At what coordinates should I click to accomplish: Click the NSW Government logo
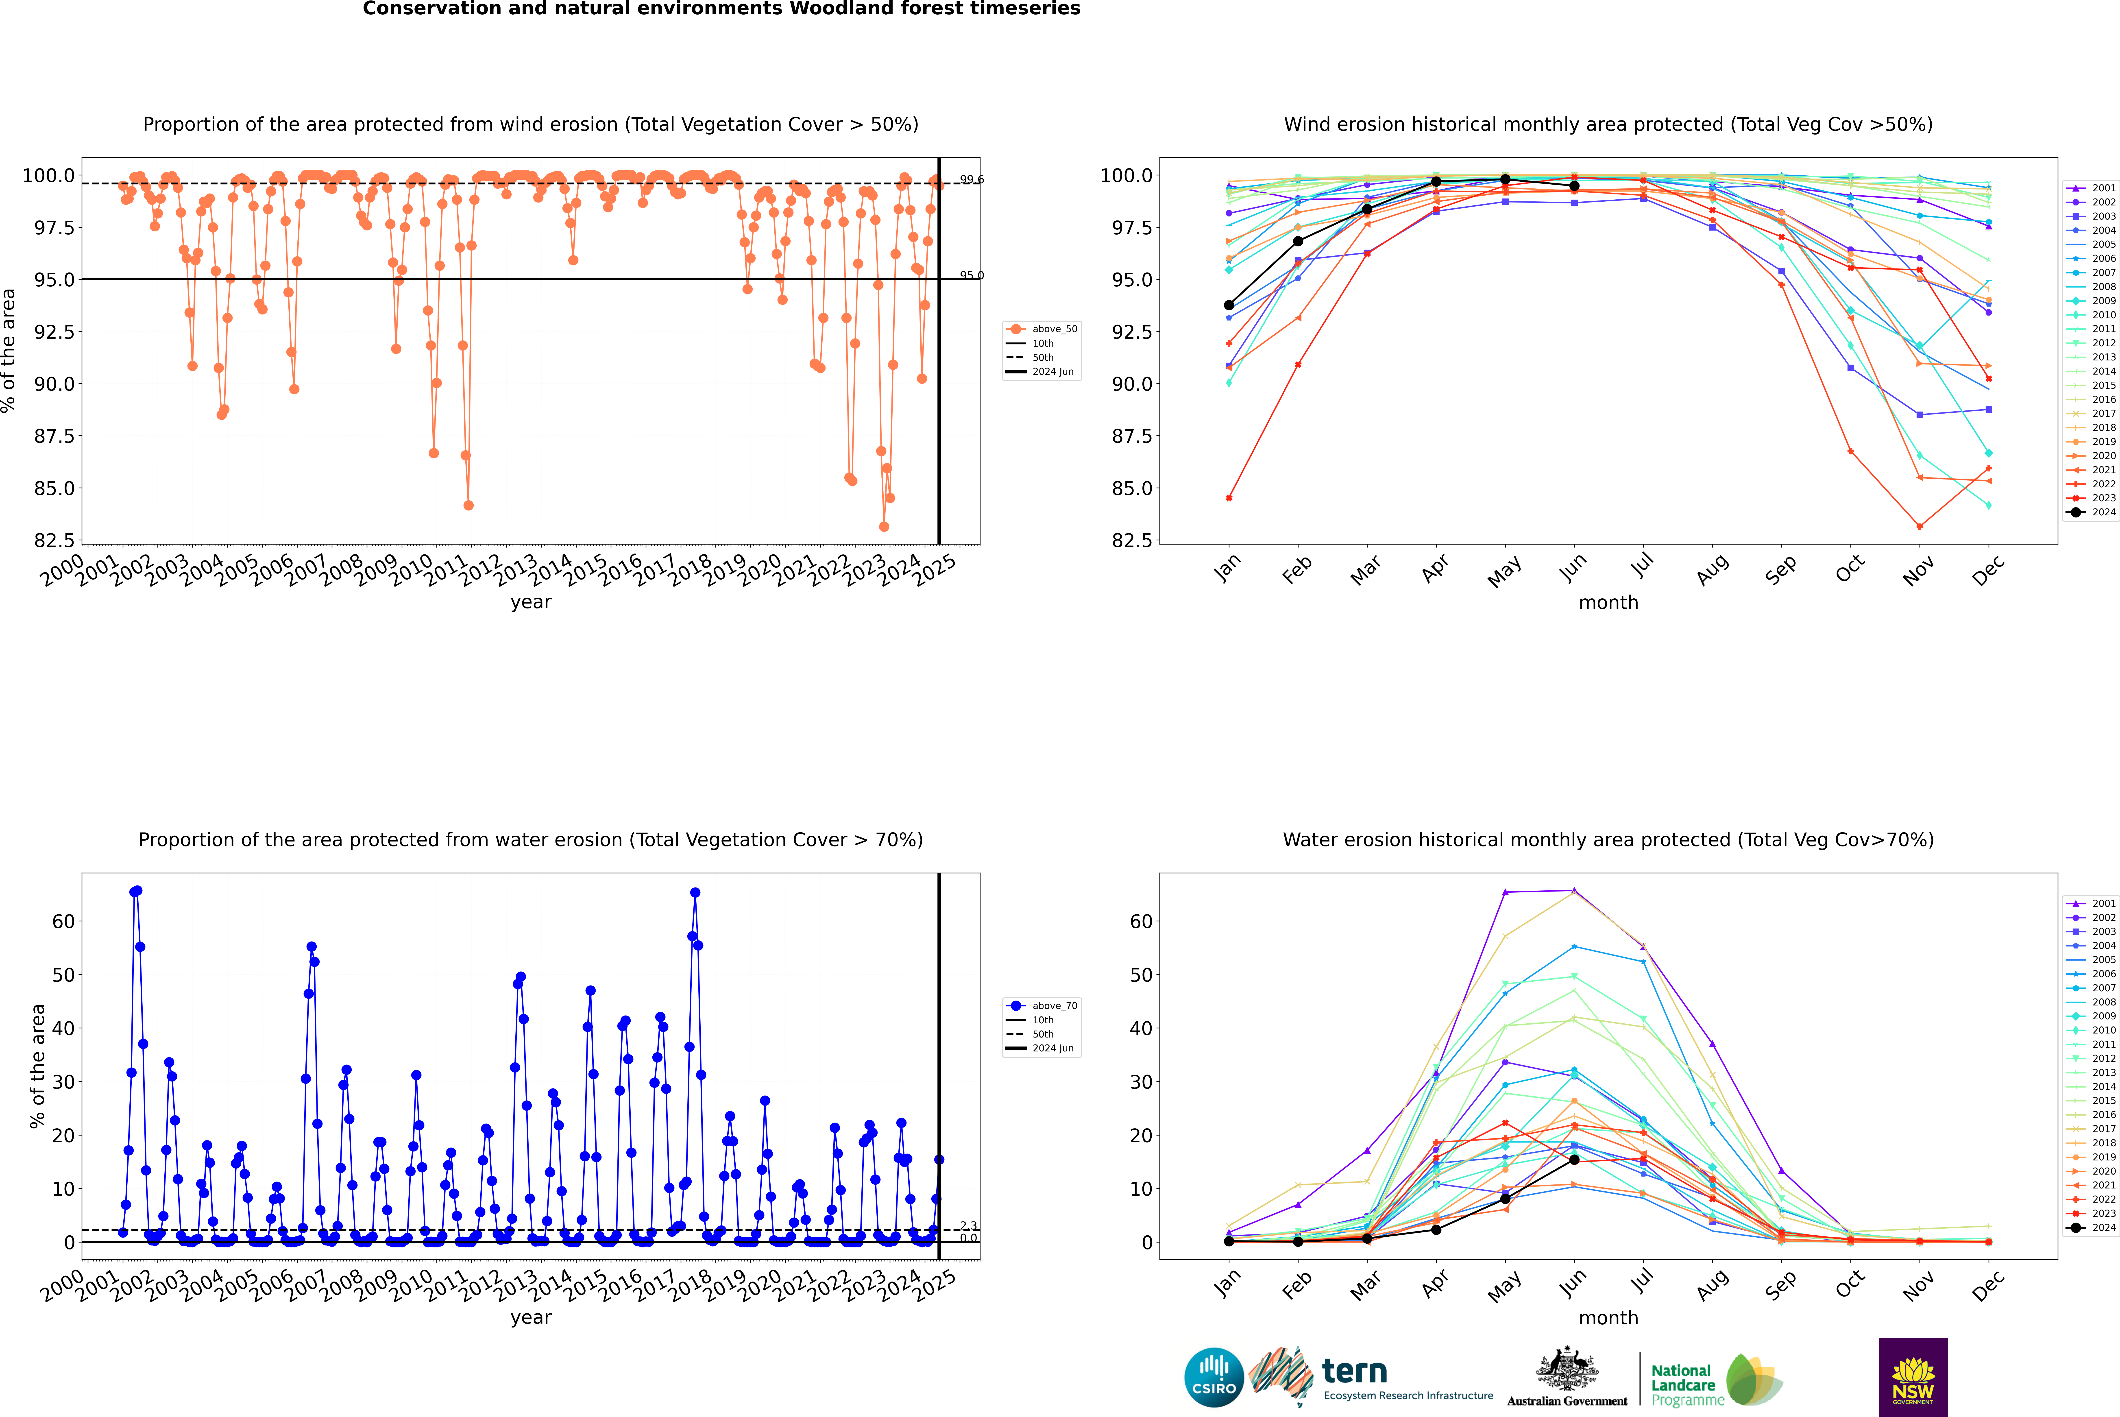coord(1913,1377)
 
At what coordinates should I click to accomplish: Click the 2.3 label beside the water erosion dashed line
coord(968,1225)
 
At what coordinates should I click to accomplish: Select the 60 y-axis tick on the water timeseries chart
coord(63,922)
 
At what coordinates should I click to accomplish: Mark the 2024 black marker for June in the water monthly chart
coord(1574,1160)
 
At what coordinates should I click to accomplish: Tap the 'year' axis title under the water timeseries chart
coord(530,1318)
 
